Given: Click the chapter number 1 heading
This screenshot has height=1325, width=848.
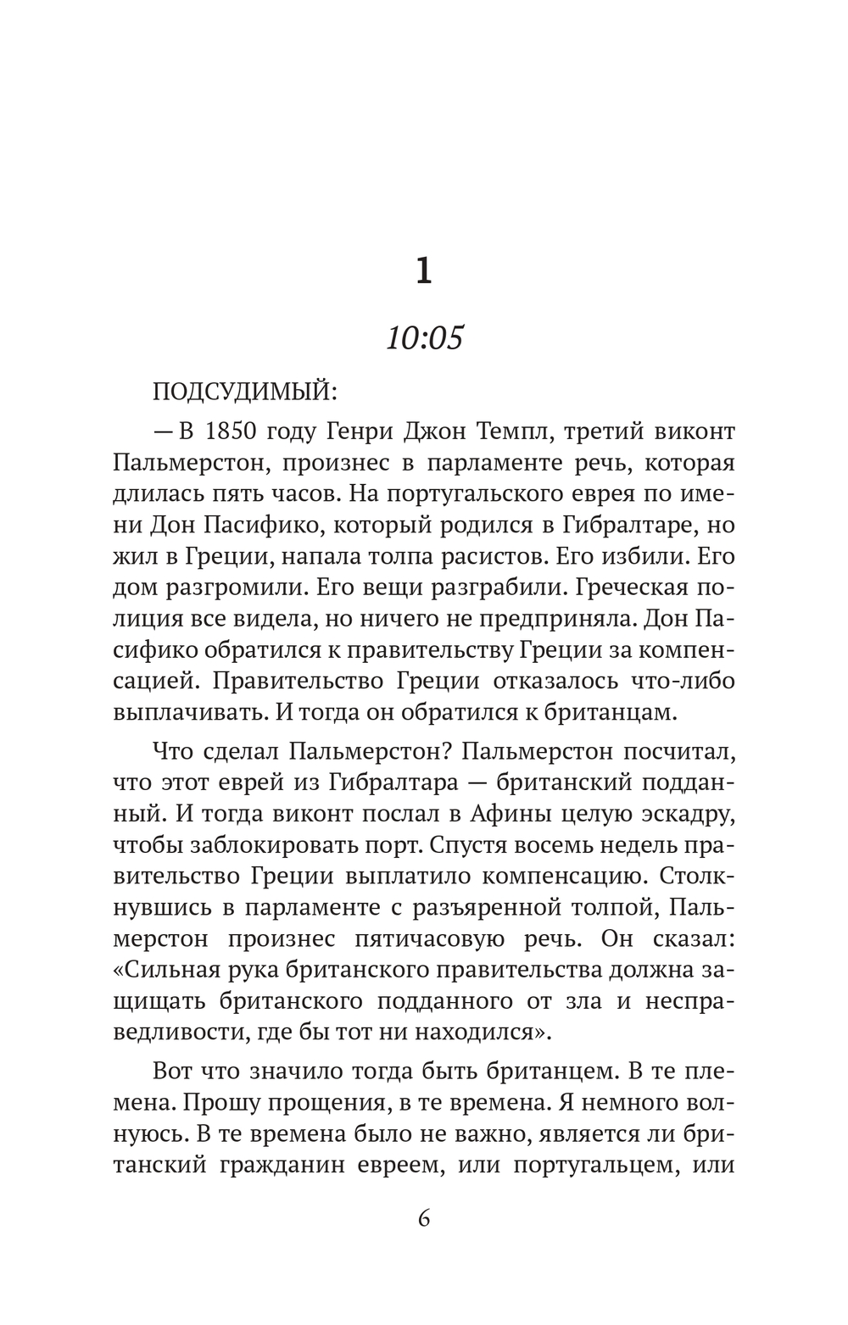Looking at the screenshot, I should [424, 272].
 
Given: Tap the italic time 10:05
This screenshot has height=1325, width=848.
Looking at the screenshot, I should [425, 338].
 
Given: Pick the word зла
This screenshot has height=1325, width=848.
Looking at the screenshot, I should [577, 1000].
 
